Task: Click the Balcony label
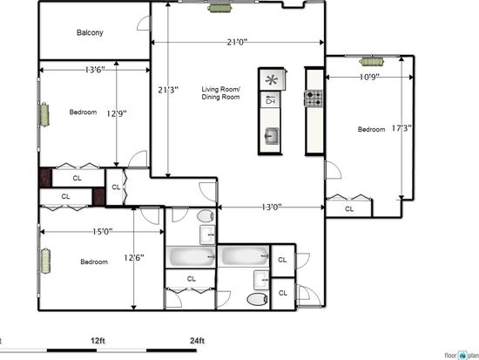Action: (90, 33)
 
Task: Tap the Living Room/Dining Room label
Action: (220, 93)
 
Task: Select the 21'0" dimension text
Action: (237, 42)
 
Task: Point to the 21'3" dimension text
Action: (168, 91)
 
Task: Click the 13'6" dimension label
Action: (95, 70)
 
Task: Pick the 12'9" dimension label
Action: (117, 114)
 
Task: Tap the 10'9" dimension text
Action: (369, 77)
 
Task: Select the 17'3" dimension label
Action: (401, 128)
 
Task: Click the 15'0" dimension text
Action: (103, 232)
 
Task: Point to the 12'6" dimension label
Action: (134, 258)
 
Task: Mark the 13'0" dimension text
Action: (272, 207)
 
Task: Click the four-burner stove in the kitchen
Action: (314, 98)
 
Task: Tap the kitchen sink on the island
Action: (272, 135)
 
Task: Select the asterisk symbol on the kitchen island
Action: (272, 80)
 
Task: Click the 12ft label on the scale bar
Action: (98, 341)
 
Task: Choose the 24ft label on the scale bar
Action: (198, 341)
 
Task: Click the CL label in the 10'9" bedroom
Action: (349, 209)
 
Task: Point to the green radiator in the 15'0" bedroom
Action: (45, 262)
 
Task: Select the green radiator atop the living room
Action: (219, 8)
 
